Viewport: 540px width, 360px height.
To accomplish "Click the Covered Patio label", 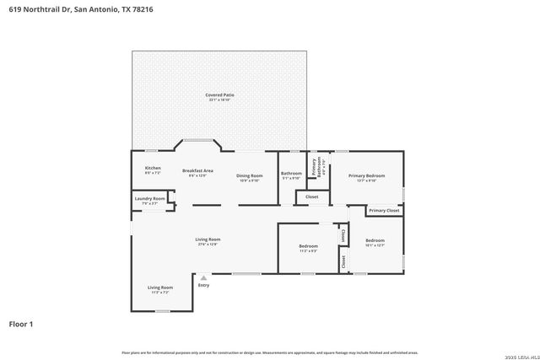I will coord(219,95).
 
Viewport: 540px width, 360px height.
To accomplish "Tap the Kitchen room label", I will coord(153,168).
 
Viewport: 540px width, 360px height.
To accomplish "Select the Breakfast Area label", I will coord(197,171).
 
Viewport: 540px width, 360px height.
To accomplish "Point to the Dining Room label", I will coord(249,175).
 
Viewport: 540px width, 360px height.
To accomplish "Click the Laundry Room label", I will coord(149,199).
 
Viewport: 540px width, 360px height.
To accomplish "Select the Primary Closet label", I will coord(384,210).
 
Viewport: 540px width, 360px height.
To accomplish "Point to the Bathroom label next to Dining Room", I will coord(291,174).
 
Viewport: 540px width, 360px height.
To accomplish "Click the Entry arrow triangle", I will coord(203,277).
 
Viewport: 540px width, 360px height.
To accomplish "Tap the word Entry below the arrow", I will coord(203,285).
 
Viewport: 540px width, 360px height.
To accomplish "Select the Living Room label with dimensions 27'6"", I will coord(208,240).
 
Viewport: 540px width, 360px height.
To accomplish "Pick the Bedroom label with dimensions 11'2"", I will coord(308,246).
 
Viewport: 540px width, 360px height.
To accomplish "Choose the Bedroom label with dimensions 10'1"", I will coord(375,241).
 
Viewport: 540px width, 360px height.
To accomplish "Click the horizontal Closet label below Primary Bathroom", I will coord(312,196).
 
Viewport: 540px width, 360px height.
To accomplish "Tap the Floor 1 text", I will coord(20,324).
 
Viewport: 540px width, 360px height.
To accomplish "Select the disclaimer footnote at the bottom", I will coord(269,352).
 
